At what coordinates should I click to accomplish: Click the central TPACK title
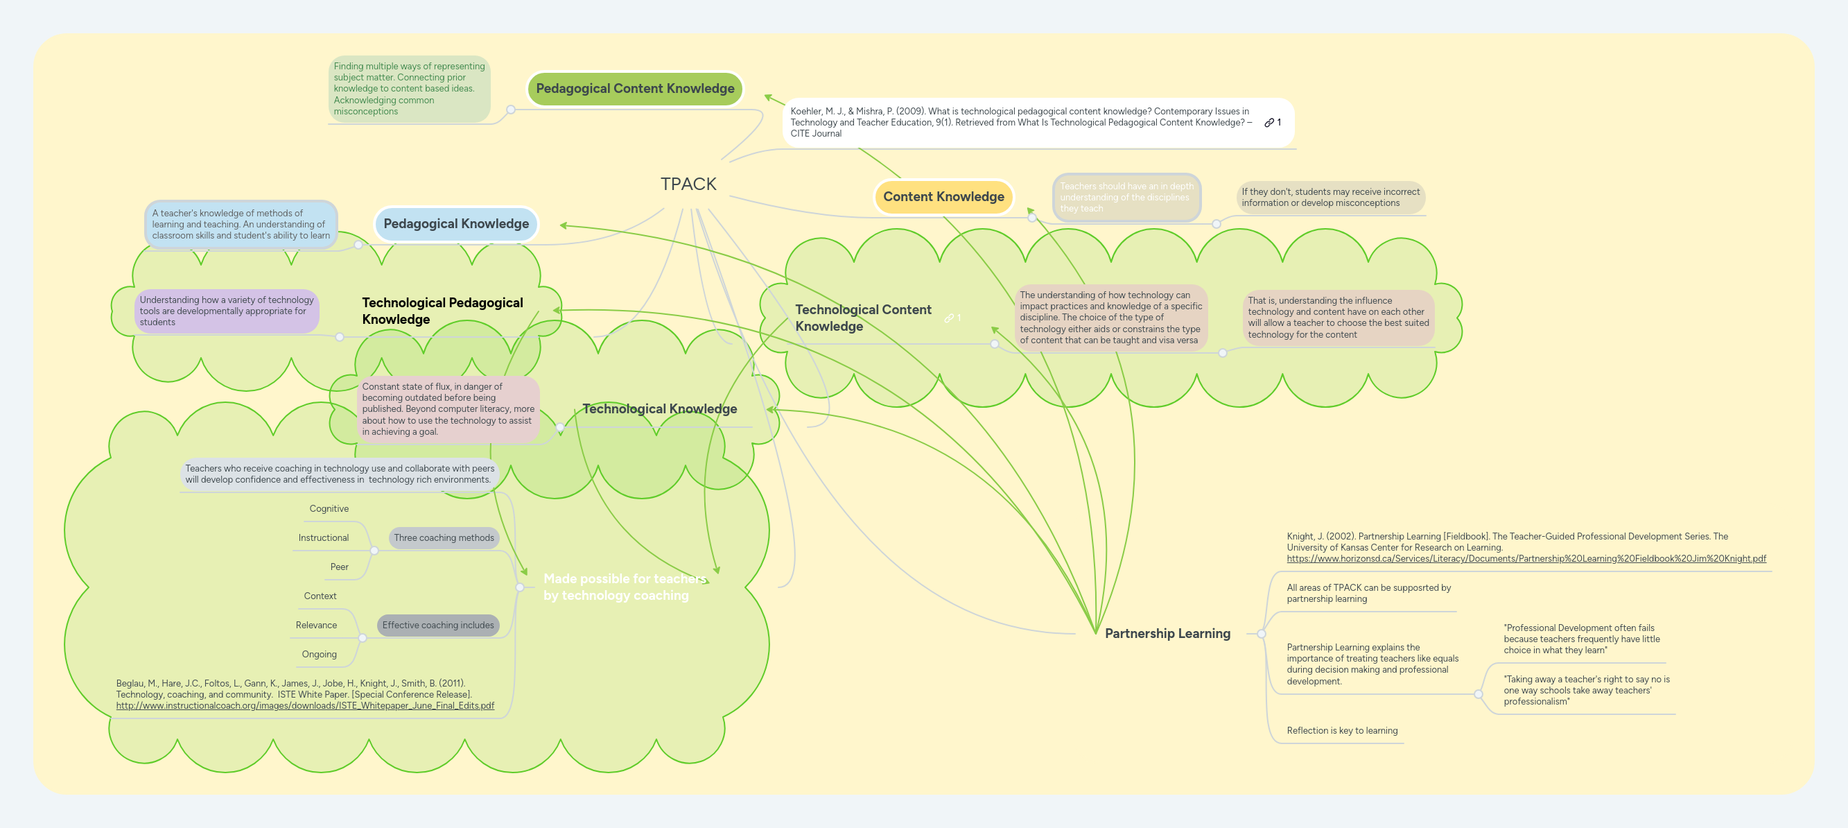pyautogui.click(x=688, y=184)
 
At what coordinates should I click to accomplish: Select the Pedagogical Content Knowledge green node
pyautogui.click(x=635, y=88)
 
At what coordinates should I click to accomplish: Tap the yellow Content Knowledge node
pyautogui.click(x=943, y=196)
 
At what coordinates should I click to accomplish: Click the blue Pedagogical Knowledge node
pyautogui.click(x=455, y=224)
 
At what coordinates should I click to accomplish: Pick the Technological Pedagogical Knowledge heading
pyautogui.click(x=442, y=311)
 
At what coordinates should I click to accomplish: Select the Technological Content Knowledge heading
pyautogui.click(x=862, y=317)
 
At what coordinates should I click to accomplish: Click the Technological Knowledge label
pyautogui.click(x=659, y=409)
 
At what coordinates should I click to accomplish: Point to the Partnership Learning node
pyautogui.click(x=1167, y=634)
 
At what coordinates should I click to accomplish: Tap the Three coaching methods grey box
pyautogui.click(x=444, y=537)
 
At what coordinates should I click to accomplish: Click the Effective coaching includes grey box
pyautogui.click(x=437, y=625)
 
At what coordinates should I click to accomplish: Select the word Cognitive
pyautogui.click(x=329, y=509)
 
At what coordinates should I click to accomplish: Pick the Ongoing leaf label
pyautogui.click(x=319, y=655)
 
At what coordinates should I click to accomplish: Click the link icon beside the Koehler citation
pyautogui.click(x=1269, y=123)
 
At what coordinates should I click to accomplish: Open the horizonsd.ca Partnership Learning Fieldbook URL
pyautogui.click(x=1525, y=558)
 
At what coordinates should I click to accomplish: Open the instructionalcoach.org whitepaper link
pyautogui.click(x=305, y=705)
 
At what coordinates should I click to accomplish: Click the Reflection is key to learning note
pyautogui.click(x=1341, y=730)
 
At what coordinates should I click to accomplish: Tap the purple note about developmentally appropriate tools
pyautogui.click(x=226, y=311)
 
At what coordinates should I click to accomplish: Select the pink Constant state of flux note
pyautogui.click(x=448, y=409)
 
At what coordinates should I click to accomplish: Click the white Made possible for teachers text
pyautogui.click(x=624, y=587)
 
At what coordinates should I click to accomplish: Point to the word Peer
pyautogui.click(x=338, y=567)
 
